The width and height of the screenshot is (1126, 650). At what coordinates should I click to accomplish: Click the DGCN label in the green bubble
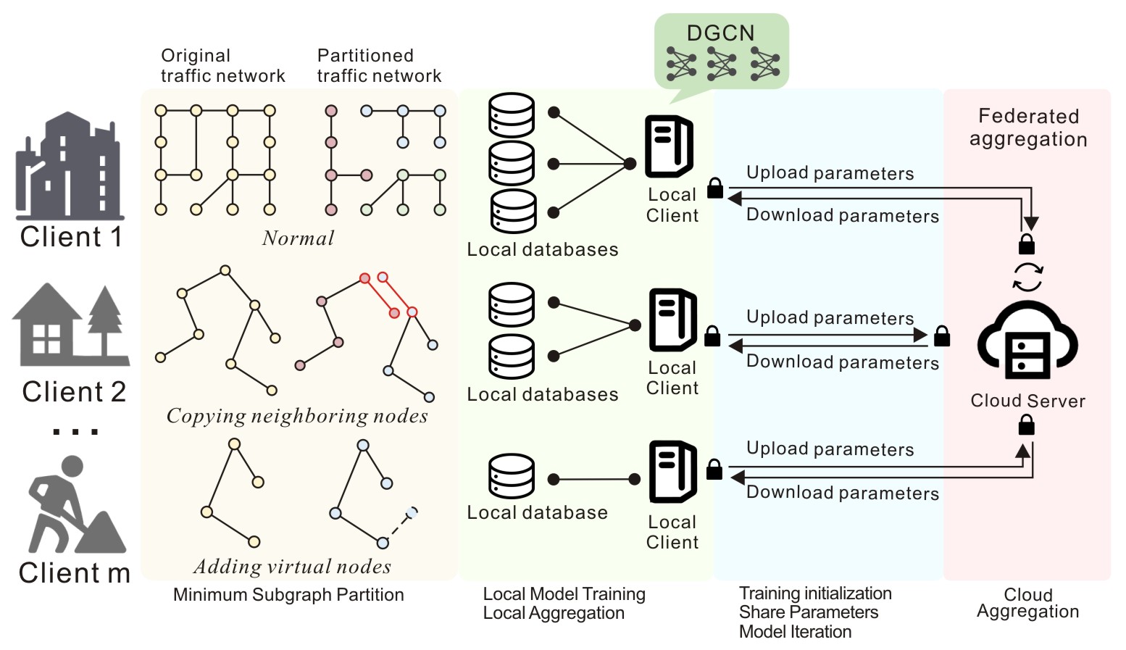point(720,33)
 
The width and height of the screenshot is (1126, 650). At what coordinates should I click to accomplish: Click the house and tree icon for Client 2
point(70,325)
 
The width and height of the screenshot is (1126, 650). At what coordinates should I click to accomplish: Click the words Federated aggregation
point(1028,128)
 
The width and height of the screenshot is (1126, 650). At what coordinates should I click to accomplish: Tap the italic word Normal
point(298,238)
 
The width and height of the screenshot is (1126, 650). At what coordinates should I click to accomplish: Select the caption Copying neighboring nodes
point(297,416)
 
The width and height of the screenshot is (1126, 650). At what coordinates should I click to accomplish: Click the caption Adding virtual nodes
point(292,567)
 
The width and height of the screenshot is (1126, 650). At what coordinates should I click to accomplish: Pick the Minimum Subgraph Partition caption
point(288,595)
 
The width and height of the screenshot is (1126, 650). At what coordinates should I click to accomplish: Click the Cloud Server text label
point(1027,401)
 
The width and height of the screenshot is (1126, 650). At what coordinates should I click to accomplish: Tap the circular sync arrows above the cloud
point(1027,277)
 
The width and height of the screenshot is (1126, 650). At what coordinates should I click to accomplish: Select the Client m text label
point(75,572)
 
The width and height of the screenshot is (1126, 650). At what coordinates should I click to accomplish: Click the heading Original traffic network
point(222,66)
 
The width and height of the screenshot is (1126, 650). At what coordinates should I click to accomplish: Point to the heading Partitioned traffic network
point(379,66)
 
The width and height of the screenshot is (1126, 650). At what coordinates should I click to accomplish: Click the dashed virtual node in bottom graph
point(412,513)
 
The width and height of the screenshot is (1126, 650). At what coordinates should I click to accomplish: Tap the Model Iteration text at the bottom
point(795,632)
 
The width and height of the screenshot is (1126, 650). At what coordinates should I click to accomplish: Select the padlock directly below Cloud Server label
point(1026,425)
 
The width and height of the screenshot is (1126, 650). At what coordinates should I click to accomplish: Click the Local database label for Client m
point(537,513)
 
